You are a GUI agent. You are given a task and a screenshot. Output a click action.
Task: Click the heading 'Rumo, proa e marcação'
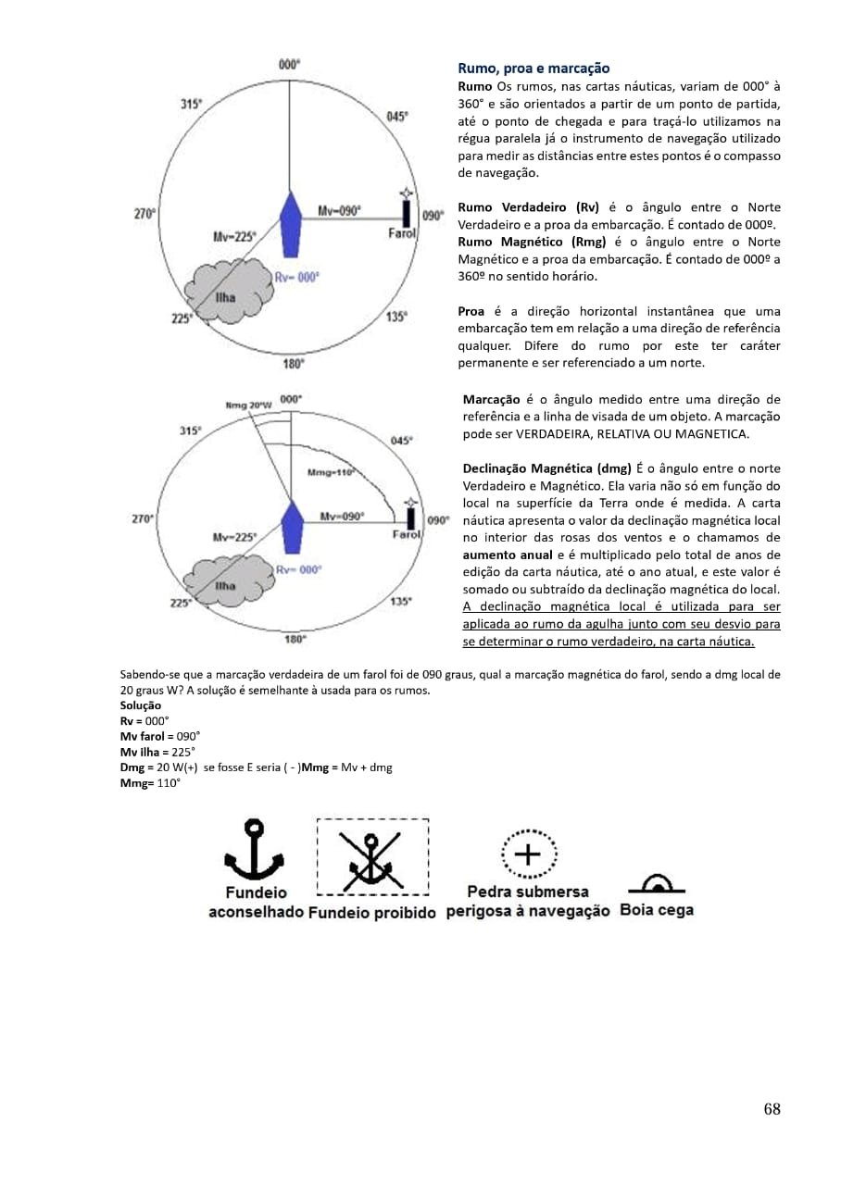[x=533, y=69]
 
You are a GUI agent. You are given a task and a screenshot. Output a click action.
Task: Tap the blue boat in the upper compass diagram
[x=291, y=224]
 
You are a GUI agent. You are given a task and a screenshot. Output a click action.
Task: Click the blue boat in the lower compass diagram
[x=292, y=527]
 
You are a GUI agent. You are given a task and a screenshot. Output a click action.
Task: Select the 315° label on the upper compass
[x=191, y=105]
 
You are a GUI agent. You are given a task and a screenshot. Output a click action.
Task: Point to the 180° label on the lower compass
[x=295, y=639]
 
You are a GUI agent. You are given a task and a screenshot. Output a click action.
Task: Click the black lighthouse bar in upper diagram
[x=407, y=213]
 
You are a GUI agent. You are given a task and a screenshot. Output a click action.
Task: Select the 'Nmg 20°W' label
[x=248, y=405]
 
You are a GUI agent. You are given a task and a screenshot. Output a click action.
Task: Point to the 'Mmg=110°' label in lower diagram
[x=331, y=472]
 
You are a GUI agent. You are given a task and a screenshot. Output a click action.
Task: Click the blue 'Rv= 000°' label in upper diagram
[x=297, y=277]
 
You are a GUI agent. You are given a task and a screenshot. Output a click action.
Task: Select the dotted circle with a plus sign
[x=528, y=854]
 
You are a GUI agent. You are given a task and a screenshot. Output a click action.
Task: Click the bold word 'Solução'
[x=140, y=705]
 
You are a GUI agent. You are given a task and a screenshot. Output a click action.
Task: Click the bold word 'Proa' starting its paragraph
[x=471, y=311]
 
